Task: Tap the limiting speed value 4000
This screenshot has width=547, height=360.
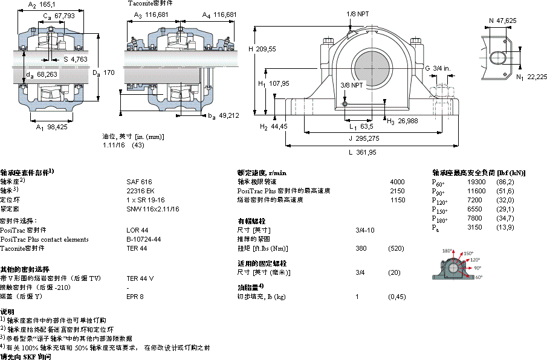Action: click(397, 181)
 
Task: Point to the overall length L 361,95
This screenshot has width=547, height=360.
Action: click(363, 153)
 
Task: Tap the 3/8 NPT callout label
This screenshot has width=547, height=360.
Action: click(352, 85)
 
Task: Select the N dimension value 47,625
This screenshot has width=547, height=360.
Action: click(507, 21)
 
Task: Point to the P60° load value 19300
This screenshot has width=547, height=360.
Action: click(477, 181)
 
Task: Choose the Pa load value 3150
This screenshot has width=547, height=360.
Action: click(475, 227)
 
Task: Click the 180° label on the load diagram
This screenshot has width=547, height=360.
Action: click(447, 251)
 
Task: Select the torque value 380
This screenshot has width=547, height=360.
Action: click(361, 248)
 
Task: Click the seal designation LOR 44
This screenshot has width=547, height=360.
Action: click(137, 230)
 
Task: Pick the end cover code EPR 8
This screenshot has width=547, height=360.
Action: click(135, 297)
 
